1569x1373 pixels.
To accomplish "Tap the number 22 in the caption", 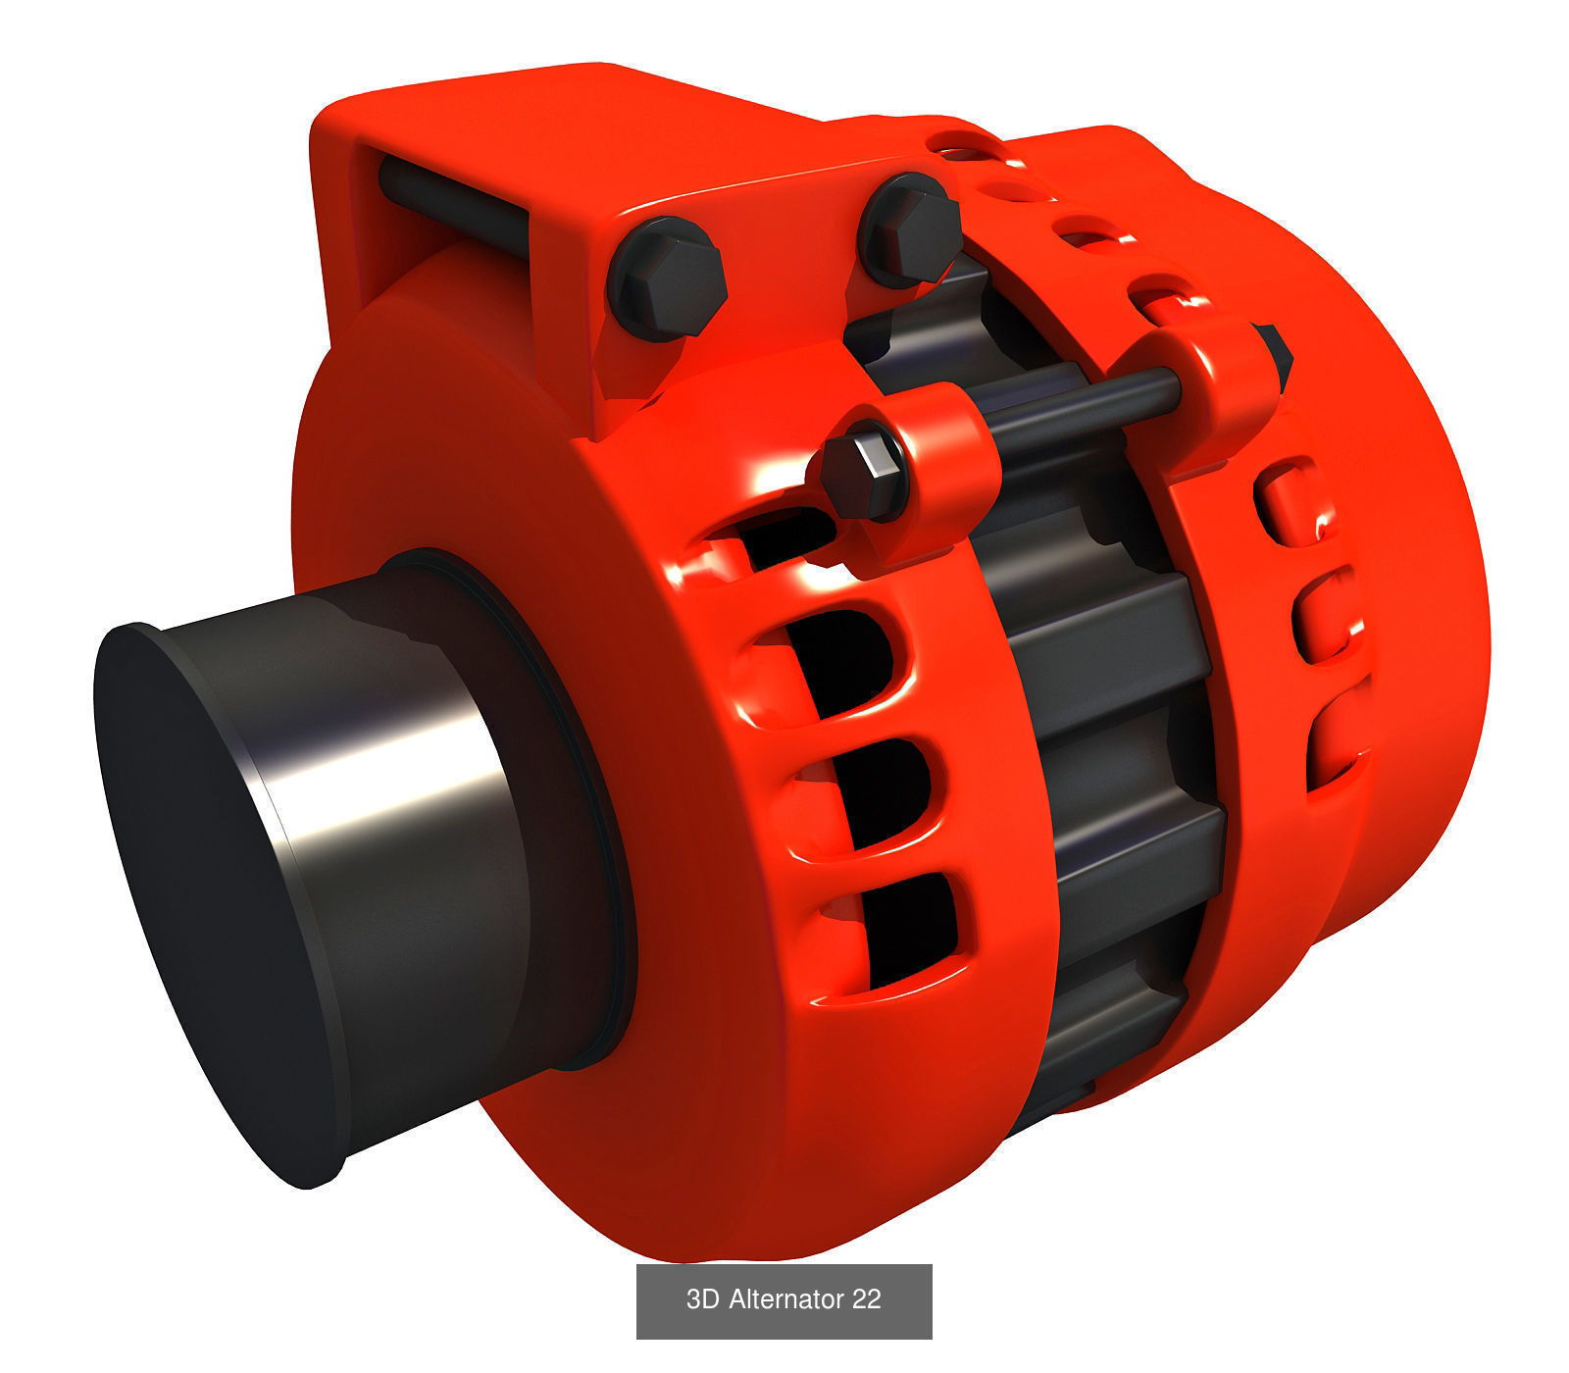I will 866,1299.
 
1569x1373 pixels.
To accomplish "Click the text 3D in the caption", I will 702,1299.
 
